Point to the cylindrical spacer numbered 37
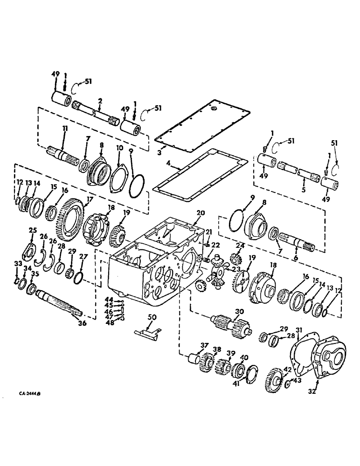(x=192, y=360)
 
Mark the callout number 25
(x=33, y=230)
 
